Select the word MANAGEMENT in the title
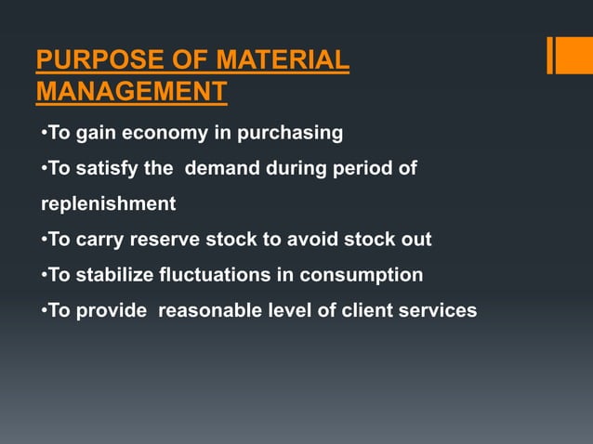pos(131,92)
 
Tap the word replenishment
pos(108,203)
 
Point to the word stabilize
pos(121,274)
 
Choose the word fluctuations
pos(241,274)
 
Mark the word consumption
pos(365,274)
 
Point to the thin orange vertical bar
pos(549,55)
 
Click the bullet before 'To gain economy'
pos(43,133)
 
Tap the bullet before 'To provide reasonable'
pos(43,309)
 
